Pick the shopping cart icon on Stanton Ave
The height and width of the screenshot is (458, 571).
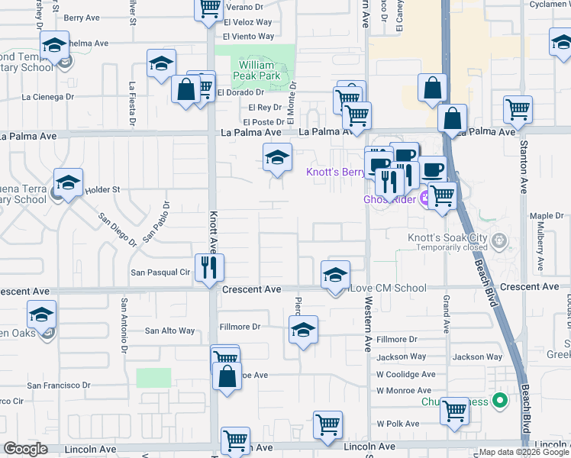pos(518,109)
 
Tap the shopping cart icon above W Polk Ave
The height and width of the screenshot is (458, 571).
pos(455,410)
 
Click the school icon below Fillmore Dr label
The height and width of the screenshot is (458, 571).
pos(303,330)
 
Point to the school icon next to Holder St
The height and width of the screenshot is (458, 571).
pos(68,182)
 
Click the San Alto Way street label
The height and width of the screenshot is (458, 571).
pos(170,331)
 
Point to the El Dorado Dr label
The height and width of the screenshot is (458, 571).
pos(240,92)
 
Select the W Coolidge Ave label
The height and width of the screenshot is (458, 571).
pos(405,374)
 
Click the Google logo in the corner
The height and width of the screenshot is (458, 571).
pos(25,449)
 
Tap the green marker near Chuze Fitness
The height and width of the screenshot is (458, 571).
pos(500,399)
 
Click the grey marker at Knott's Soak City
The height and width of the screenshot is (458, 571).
pos(500,242)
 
